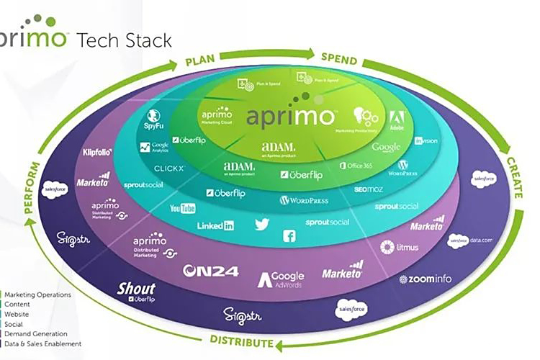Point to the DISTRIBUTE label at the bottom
[x=242, y=341]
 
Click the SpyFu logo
[x=153, y=118]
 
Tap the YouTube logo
[x=183, y=209]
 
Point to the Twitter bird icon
[x=261, y=225]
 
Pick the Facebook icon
[x=289, y=235]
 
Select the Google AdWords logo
[x=282, y=278]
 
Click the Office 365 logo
[x=358, y=166]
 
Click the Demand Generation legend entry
[x=36, y=334]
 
